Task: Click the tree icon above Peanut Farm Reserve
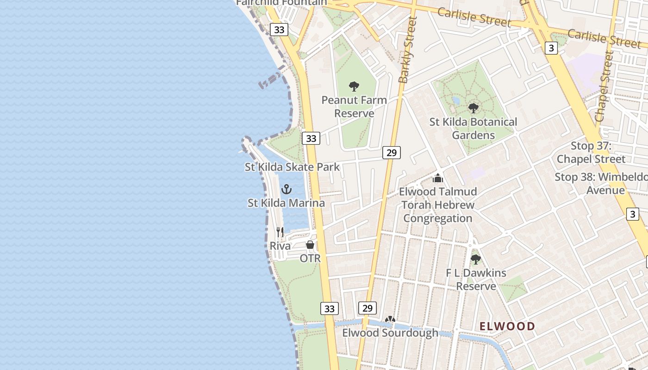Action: tap(354, 86)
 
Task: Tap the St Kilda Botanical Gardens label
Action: tap(473, 129)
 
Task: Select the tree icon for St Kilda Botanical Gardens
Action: tap(473, 108)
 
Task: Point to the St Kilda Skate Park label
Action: tap(292, 167)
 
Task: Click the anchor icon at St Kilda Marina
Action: tap(287, 189)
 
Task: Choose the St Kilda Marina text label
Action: tap(286, 203)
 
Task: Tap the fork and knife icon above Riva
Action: tap(280, 232)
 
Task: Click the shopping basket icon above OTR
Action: tap(310, 245)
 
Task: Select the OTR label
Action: tap(310, 259)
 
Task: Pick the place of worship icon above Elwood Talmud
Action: tap(438, 178)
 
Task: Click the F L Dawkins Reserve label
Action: tap(476, 279)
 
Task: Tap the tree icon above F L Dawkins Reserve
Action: tap(475, 259)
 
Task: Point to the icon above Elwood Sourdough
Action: tap(390, 320)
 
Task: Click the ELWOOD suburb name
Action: tap(507, 326)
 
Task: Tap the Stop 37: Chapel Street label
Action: tap(591, 153)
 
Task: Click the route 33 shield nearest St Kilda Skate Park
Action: tap(311, 138)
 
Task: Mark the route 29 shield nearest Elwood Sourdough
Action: tap(367, 308)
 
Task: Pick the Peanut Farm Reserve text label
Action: tap(354, 107)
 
